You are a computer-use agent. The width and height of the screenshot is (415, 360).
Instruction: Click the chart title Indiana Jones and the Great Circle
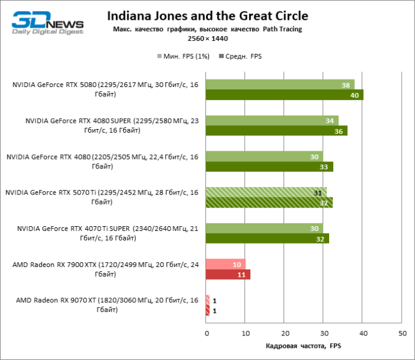[207, 16]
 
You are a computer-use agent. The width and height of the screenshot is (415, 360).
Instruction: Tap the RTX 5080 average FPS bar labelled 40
[284, 95]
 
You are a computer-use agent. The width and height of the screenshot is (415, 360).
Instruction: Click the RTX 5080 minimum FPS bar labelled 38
[280, 85]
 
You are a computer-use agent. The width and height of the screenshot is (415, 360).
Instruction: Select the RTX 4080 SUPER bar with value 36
[276, 131]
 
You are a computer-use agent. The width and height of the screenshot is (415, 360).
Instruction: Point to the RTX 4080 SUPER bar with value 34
[272, 121]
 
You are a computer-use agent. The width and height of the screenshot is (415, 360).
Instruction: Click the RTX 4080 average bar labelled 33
[269, 167]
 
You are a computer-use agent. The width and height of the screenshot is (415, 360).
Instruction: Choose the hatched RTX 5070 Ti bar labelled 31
[266, 193]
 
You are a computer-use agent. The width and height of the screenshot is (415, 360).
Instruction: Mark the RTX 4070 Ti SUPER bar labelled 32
[267, 239]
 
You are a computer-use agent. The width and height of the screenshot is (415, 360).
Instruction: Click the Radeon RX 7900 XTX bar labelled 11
[228, 275]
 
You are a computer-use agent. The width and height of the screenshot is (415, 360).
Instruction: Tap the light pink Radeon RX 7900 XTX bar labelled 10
[225, 265]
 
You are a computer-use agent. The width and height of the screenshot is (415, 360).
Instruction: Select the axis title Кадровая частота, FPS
[303, 347]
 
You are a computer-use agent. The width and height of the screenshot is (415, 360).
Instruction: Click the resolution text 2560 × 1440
[207, 38]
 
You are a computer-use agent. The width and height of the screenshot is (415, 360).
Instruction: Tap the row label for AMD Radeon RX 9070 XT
[106, 305]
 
